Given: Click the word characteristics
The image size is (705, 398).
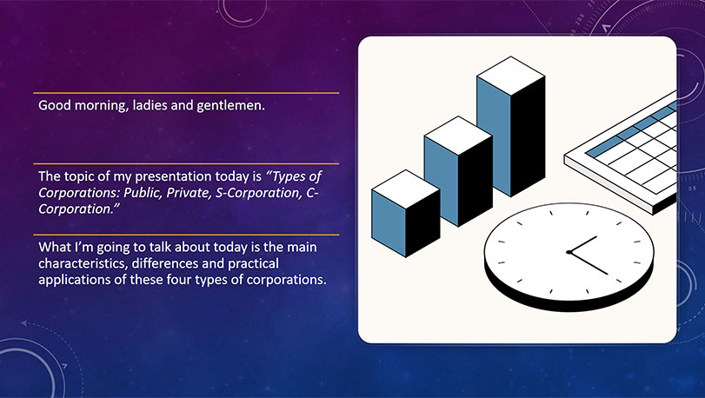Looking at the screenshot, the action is pyautogui.click(x=83, y=263).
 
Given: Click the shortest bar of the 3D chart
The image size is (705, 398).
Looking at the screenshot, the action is pyautogui.click(x=406, y=214).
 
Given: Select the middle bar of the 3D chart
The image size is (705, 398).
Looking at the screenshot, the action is pyautogui.click(x=458, y=171).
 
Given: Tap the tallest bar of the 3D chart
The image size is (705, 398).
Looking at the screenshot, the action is pyautogui.click(x=511, y=126).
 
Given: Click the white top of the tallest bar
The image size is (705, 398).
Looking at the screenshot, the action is pyautogui.click(x=511, y=76).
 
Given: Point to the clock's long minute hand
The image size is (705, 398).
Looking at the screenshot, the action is pyautogui.click(x=589, y=263).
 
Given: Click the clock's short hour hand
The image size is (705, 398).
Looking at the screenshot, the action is pyautogui.click(x=583, y=244).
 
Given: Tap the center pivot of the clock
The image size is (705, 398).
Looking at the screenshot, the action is pyautogui.click(x=569, y=253).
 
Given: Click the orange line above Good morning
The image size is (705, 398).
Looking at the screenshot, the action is pyautogui.click(x=186, y=93).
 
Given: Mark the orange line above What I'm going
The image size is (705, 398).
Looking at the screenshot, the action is pyautogui.click(x=186, y=235).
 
